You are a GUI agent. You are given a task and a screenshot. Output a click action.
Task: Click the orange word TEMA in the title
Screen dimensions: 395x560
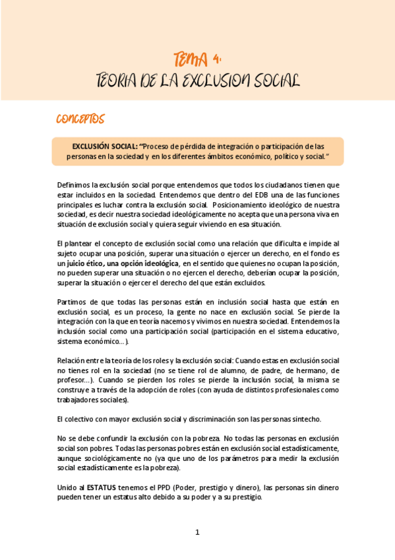coord(189,59)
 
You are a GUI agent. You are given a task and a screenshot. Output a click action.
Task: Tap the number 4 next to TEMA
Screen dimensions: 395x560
coord(217,59)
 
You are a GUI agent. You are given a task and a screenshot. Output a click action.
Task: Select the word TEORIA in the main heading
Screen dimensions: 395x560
coord(116,81)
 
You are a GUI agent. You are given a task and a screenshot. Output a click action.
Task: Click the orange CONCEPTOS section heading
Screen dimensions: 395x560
coord(80,119)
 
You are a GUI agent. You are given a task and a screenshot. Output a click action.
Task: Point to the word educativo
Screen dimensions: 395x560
coord(312,332)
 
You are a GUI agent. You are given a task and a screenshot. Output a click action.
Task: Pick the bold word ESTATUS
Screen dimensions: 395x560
coord(101,487)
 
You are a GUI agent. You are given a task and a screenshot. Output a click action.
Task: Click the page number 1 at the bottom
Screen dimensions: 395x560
coord(197,532)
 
